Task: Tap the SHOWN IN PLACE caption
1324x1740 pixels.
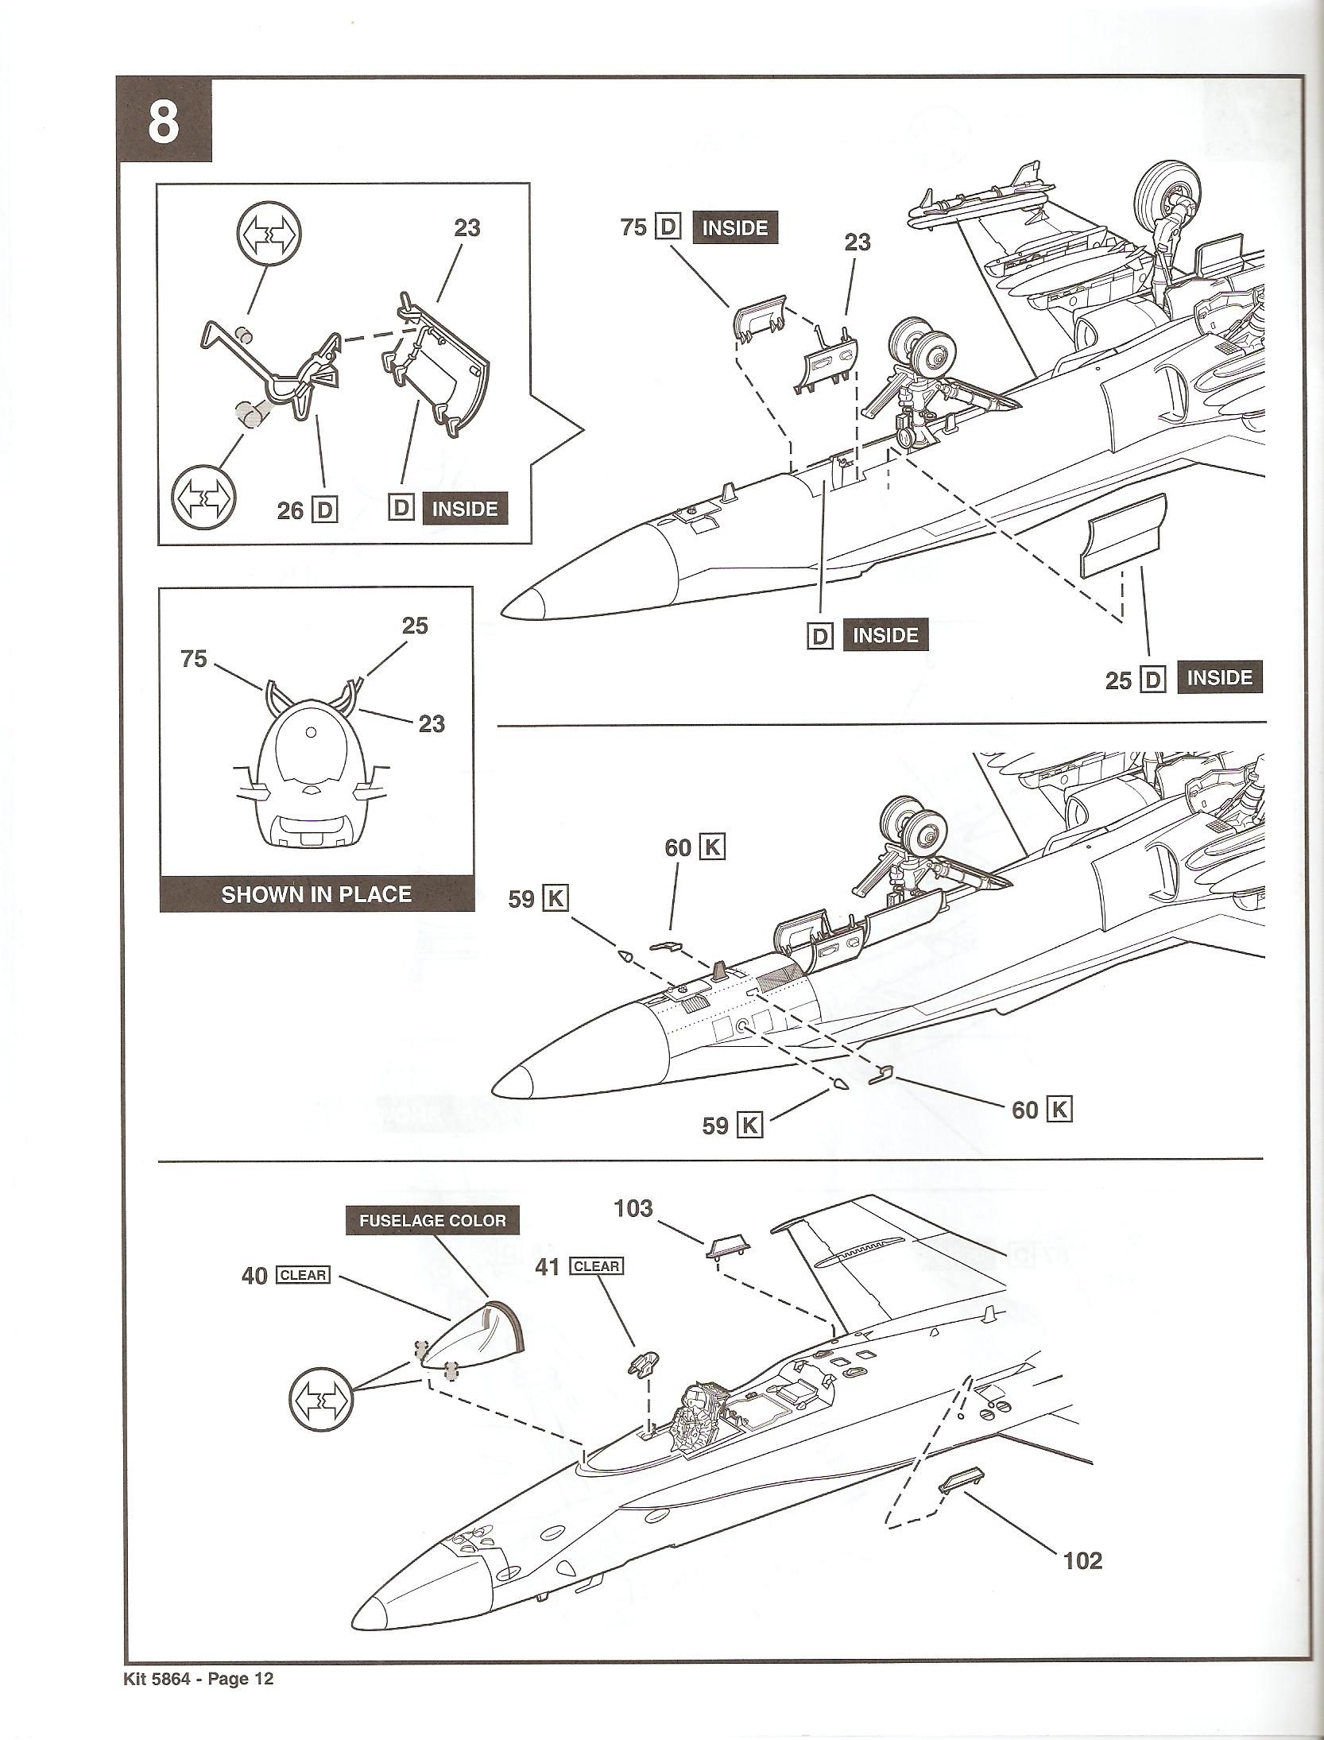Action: pos(316,894)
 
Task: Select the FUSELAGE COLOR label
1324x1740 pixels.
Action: pos(432,1220)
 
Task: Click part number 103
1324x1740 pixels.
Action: pos(633,1209)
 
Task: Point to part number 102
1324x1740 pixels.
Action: pos(1082,1560)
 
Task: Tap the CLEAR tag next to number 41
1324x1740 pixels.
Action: pos(597,1265)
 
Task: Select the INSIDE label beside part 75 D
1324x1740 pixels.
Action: pos(735,228)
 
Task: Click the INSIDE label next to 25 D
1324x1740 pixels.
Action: pos(1219,678)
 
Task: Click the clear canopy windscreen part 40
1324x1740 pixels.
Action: pos(483,1337)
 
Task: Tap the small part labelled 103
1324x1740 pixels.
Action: pos(727,1248)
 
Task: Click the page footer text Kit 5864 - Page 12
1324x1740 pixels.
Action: pos(199,1700)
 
